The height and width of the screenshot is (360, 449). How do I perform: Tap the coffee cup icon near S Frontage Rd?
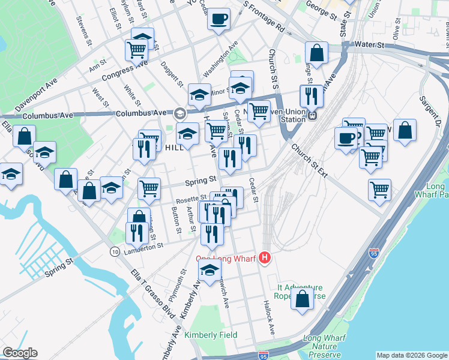pos(219,19)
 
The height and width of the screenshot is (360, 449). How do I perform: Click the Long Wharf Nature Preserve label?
pos(324,347)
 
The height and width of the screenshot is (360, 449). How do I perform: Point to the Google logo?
pos(20,353)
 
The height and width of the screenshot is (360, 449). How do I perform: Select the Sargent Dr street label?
pos(430,114)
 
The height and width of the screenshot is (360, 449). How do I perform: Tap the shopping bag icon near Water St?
pos(316,53)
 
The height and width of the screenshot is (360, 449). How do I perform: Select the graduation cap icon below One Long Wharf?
pos(209,271)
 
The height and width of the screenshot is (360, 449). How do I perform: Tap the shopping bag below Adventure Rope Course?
pos(303,298)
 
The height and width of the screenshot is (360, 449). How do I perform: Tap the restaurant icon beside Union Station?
pos(311,96)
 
